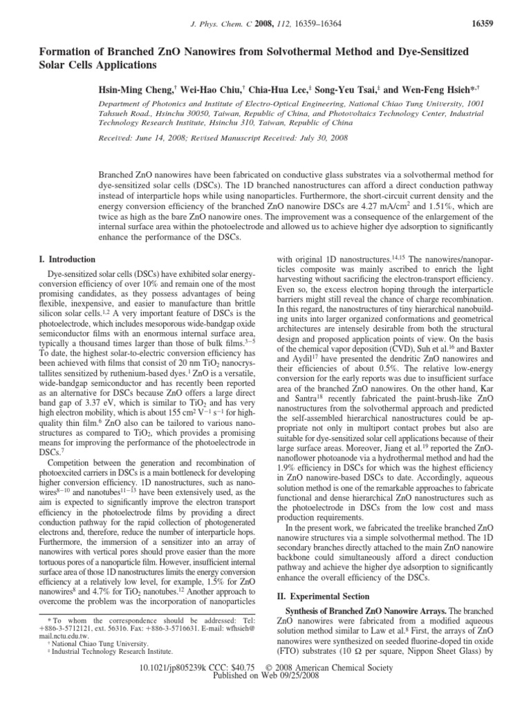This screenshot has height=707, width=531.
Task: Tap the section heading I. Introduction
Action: click(66, 260)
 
